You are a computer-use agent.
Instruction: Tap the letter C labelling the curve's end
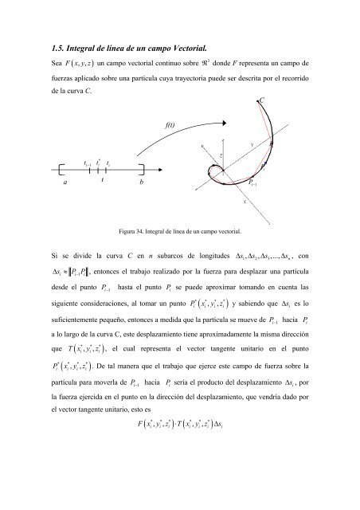[x=261, y=101]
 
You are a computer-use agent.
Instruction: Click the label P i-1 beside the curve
[x=254, y=183]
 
